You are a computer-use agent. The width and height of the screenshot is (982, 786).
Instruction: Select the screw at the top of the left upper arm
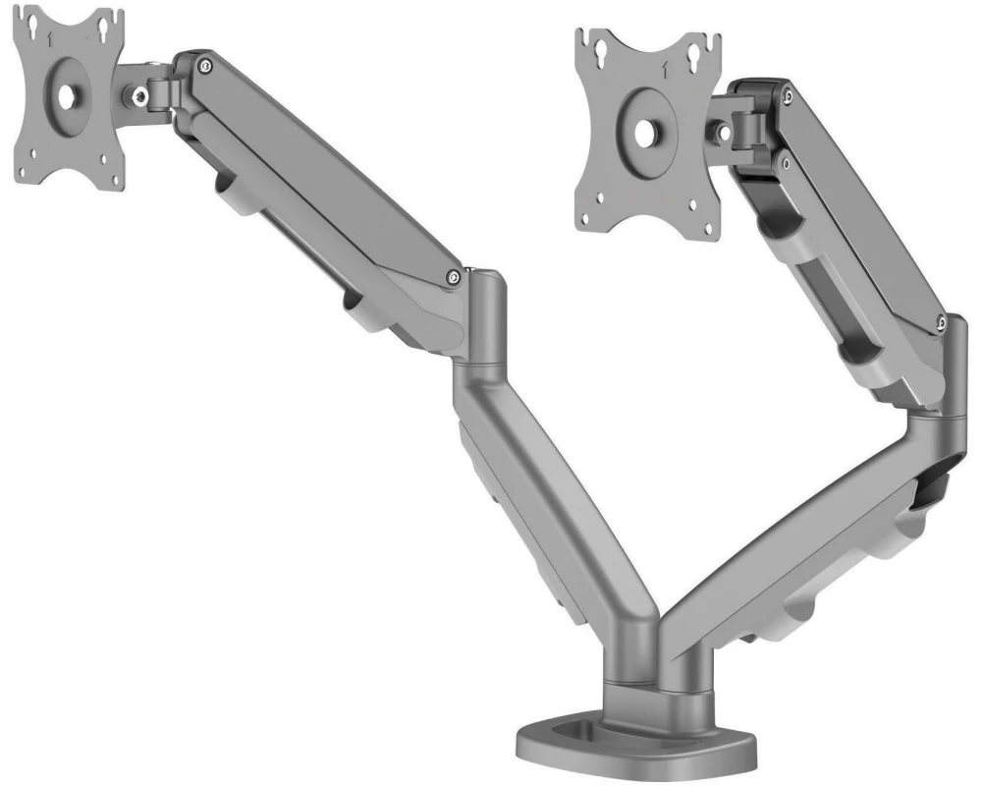202,66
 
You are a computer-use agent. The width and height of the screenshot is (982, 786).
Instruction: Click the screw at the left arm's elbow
451,278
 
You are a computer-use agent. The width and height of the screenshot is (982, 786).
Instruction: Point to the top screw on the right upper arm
790,94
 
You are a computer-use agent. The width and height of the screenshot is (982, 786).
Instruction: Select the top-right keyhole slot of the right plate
706,50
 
